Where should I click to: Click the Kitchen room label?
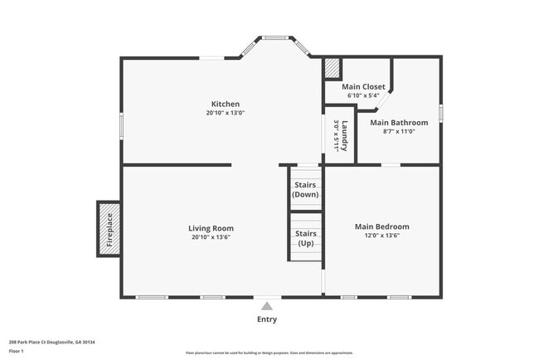point(225,104)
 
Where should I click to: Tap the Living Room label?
point(211,228)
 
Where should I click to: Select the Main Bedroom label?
point(381,226)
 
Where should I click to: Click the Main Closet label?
point(362,86)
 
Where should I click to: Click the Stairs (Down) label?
point(305,189)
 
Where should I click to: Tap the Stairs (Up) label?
point(305,239)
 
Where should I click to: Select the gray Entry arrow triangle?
point(267,306)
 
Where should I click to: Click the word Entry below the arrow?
point(267,319)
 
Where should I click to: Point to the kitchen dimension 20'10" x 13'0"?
point(226,113)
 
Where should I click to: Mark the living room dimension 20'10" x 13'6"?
point(211,237)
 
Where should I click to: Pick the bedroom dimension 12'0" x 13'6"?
point(381,236)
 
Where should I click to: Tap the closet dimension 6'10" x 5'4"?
point(362,95)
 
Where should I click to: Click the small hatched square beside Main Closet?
point(332,67)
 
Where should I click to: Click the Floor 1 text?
point(17,351)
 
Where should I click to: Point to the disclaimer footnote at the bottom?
point(269,353)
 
